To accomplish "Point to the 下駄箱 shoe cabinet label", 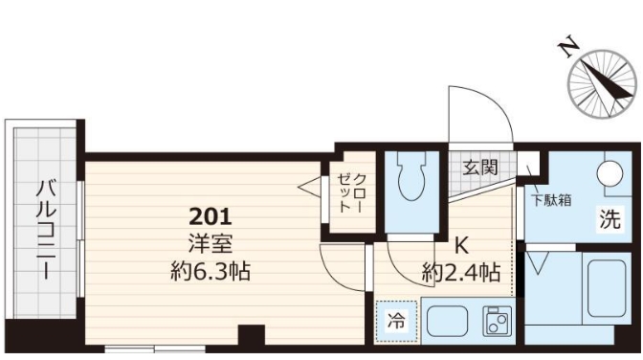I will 552,200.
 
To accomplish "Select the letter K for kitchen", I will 459,243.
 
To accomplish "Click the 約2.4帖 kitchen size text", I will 460,272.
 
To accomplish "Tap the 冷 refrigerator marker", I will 394,321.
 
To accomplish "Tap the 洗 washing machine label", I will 610,219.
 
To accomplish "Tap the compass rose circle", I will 602,87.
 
